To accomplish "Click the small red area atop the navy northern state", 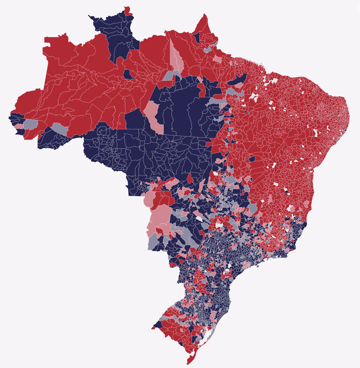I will [127, 10].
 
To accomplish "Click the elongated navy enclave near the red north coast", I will [238, 80].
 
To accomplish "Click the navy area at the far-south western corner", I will [155, 325].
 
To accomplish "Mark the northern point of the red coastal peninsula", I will [205, 16].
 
